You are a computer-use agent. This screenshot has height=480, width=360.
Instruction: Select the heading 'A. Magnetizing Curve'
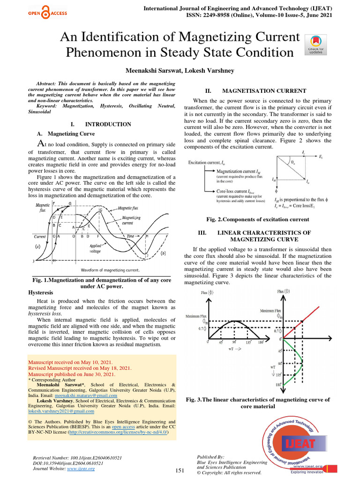[62, 133]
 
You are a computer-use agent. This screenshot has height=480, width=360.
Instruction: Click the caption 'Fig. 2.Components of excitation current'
[257, 219]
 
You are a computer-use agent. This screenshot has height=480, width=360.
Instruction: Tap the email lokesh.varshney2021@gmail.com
[61, 411]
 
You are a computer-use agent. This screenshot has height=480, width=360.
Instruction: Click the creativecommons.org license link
[117, 433]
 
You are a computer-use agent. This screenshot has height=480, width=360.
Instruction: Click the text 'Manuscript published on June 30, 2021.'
[72, 375]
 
